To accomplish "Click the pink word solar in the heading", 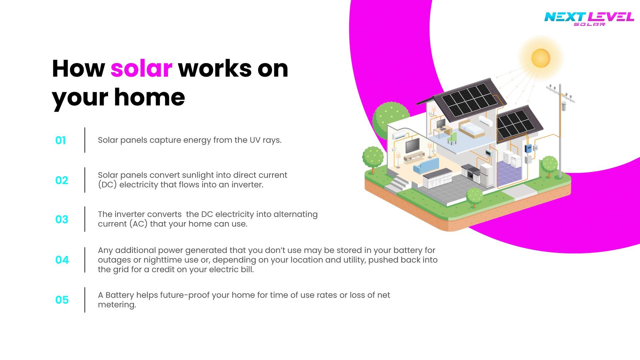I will pyautogui.click(x=141, y=69).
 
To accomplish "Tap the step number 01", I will pyautogui.click(x=60, y=140).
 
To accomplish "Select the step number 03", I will pyautogui.click(x=62, y=219).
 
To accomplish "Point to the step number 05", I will pyautogui.click(x=62, y=300).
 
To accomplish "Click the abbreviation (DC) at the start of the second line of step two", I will pyautogui.click(x=107, y=185).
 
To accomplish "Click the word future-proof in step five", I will pyautogui.click(x=185, y=295).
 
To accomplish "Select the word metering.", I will pyautogui.click(x=117, y=305).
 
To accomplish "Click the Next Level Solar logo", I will pyautogui.click(x=589, y=18).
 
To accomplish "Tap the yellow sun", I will pyautogui.click(x=540, y=58).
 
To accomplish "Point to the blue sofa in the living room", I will pyautogui.click(x=426, y=165).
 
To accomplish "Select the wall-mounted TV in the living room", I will pyautogui.click(x=412, y=145).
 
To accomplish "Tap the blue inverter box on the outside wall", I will pyautogui.click(x=528, y=149).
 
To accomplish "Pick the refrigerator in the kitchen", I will pyautogui.click(x=486, y=175).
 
